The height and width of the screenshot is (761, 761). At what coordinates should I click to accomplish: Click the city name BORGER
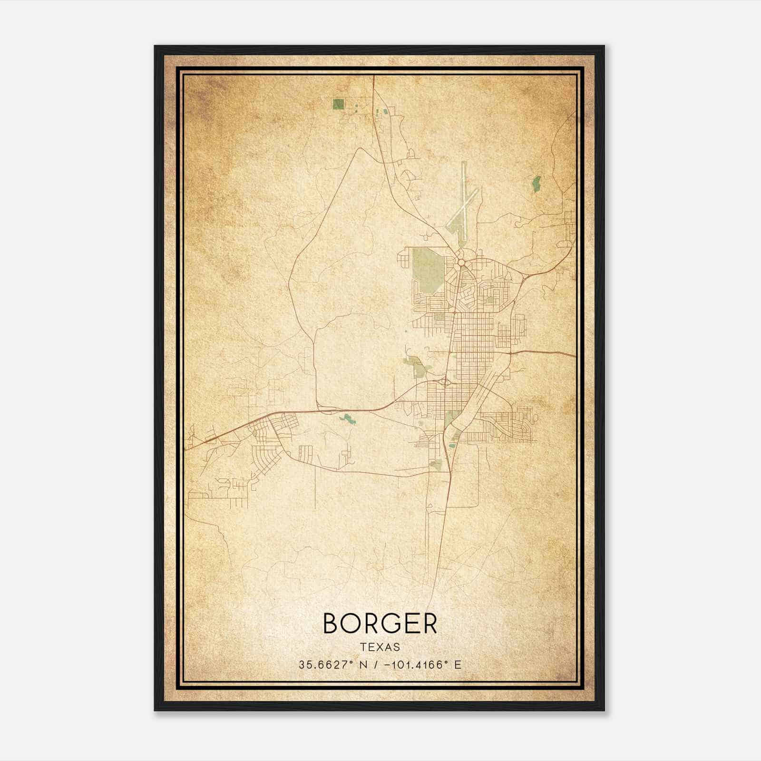380,624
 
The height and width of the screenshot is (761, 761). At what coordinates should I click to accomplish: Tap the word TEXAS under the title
380,647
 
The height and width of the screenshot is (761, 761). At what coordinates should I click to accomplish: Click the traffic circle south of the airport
461,262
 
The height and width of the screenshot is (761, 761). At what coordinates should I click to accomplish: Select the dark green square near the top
339,104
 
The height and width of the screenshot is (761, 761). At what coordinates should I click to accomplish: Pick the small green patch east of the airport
537,184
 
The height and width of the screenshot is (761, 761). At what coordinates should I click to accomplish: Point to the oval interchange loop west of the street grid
445,381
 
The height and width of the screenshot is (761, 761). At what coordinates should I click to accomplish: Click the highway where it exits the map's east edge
575,355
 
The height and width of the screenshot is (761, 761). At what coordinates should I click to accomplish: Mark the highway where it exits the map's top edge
373,77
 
